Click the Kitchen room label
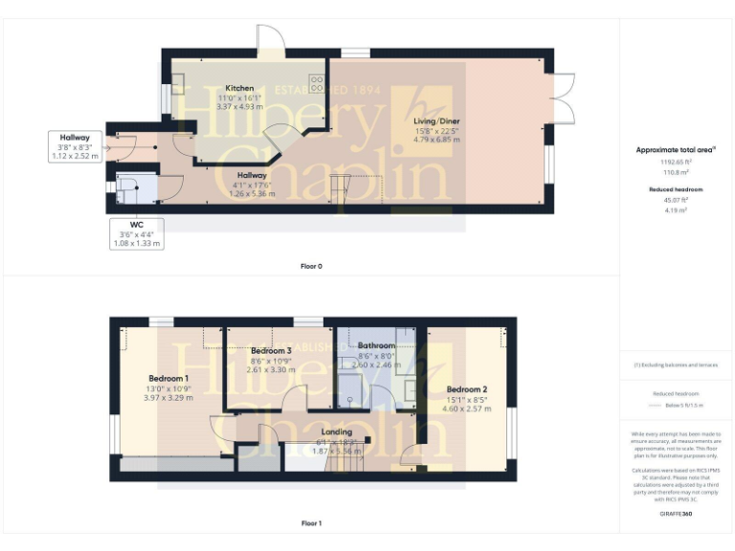(239, 88)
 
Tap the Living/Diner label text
(436, 121)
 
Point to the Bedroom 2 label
(467, 389)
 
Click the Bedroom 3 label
(271, 351)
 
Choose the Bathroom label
(376, 345)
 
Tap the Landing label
(338, 431)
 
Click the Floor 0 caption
(311, 266)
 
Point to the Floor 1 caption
(311, 523)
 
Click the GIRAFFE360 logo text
(676, 515)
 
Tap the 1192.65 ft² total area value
(676, 163)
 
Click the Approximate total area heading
(676, 150)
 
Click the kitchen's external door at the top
(270, 37)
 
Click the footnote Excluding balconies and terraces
(676, 364)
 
